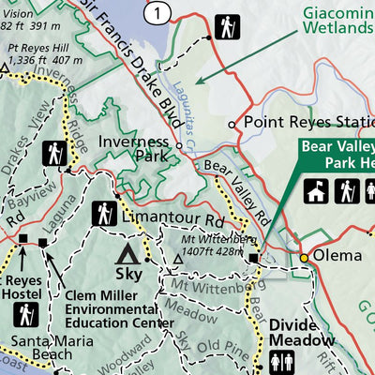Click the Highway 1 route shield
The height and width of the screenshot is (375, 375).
pyautogui.click(x=159, y=11)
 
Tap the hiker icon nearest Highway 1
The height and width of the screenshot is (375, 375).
pyautogui.click(x=225, y=27)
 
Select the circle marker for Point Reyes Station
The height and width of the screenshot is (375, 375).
pyautogui.click(x=232, y=123)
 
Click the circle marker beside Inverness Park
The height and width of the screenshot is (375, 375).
pyautogui.click(x=179, y=145)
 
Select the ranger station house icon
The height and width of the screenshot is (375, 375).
pyautogui.click(x=316, y=192)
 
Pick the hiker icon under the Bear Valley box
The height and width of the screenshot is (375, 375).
pyautogui.click(x=347, y=192)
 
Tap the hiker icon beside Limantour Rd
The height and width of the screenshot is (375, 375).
pyautogui.click(x=104, y=214)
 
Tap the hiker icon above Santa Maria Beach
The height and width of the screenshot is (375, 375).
pyautogui.click(x=26, y=312)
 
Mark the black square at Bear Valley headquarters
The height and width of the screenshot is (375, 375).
pyautogui.click(x=253, y=256)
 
